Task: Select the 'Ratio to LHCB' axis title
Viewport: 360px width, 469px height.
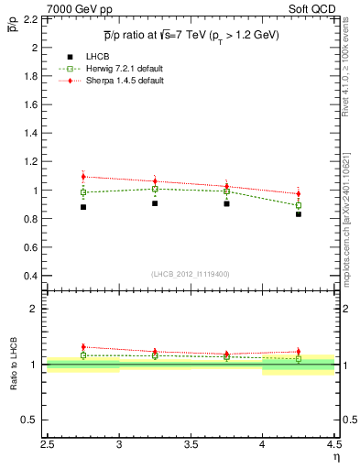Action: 14,365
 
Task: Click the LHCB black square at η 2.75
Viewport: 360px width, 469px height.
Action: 83,207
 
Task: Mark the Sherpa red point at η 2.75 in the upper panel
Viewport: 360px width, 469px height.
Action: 83,177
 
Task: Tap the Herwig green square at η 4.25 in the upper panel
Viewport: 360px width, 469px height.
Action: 298,205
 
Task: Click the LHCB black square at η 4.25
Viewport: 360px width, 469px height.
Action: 298,214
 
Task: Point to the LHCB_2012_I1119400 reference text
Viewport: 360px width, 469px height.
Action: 191,274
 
